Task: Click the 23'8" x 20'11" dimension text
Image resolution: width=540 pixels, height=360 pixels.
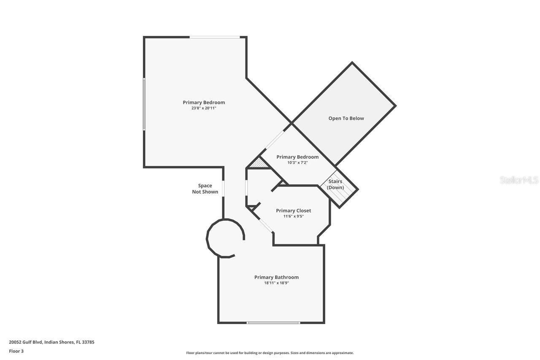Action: [204, 108]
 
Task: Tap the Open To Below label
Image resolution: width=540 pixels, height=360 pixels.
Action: [346, 118]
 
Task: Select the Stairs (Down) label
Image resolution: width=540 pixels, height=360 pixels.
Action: [335, 184]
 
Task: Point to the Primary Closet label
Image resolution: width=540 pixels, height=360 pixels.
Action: [293, 211]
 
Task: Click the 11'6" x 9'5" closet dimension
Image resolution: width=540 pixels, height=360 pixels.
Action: [293, 216]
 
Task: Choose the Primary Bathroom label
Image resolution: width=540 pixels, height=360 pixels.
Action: [276, 277]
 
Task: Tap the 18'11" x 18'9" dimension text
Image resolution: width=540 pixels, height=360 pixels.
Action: [276, 283]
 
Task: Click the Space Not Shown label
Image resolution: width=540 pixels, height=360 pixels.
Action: [205, 189]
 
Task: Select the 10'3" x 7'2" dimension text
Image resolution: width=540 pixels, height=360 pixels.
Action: [297, 162]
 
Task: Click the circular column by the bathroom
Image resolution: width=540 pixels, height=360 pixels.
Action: [225, 238]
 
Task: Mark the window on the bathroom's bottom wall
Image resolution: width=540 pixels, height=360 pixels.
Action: [273, 323]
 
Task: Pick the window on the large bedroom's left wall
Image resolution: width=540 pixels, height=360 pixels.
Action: [144, 104]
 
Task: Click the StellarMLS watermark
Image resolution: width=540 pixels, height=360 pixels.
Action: [519, 180]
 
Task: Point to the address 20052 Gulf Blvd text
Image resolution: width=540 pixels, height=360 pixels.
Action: [51, 342]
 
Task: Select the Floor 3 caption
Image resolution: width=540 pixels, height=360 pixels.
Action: [16, 351]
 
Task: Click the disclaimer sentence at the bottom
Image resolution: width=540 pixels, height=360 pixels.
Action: [270, 353]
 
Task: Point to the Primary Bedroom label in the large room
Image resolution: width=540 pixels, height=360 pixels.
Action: [204, 102]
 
